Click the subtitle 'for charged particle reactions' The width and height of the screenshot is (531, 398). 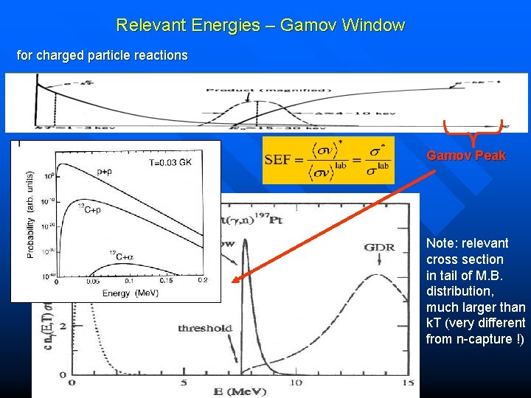[x=102, y=55]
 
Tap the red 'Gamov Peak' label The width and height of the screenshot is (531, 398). [x=466, y=156]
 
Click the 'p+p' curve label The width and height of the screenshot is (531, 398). [x=104, y=171]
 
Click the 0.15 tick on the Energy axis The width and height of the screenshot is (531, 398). [x=167, y=281]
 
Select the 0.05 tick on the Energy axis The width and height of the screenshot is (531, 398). [x=94, y=281]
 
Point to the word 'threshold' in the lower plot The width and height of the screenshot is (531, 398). [x=204, y=329]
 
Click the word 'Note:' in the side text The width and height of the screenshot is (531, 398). [x=442, y=243]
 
